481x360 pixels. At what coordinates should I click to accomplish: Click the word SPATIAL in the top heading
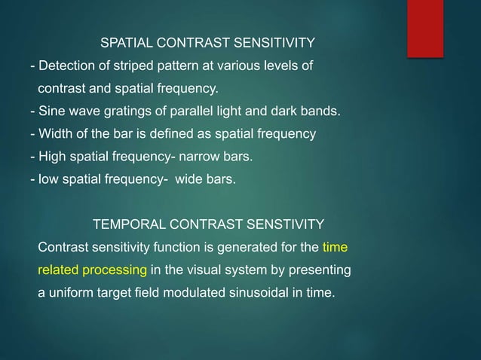pyautogui.click(x=124, y=41)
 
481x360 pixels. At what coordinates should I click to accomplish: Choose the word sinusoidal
pyautogui.click(x=256, y=292)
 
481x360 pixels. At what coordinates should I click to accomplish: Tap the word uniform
pyautogui.click(x=70, y=292)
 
